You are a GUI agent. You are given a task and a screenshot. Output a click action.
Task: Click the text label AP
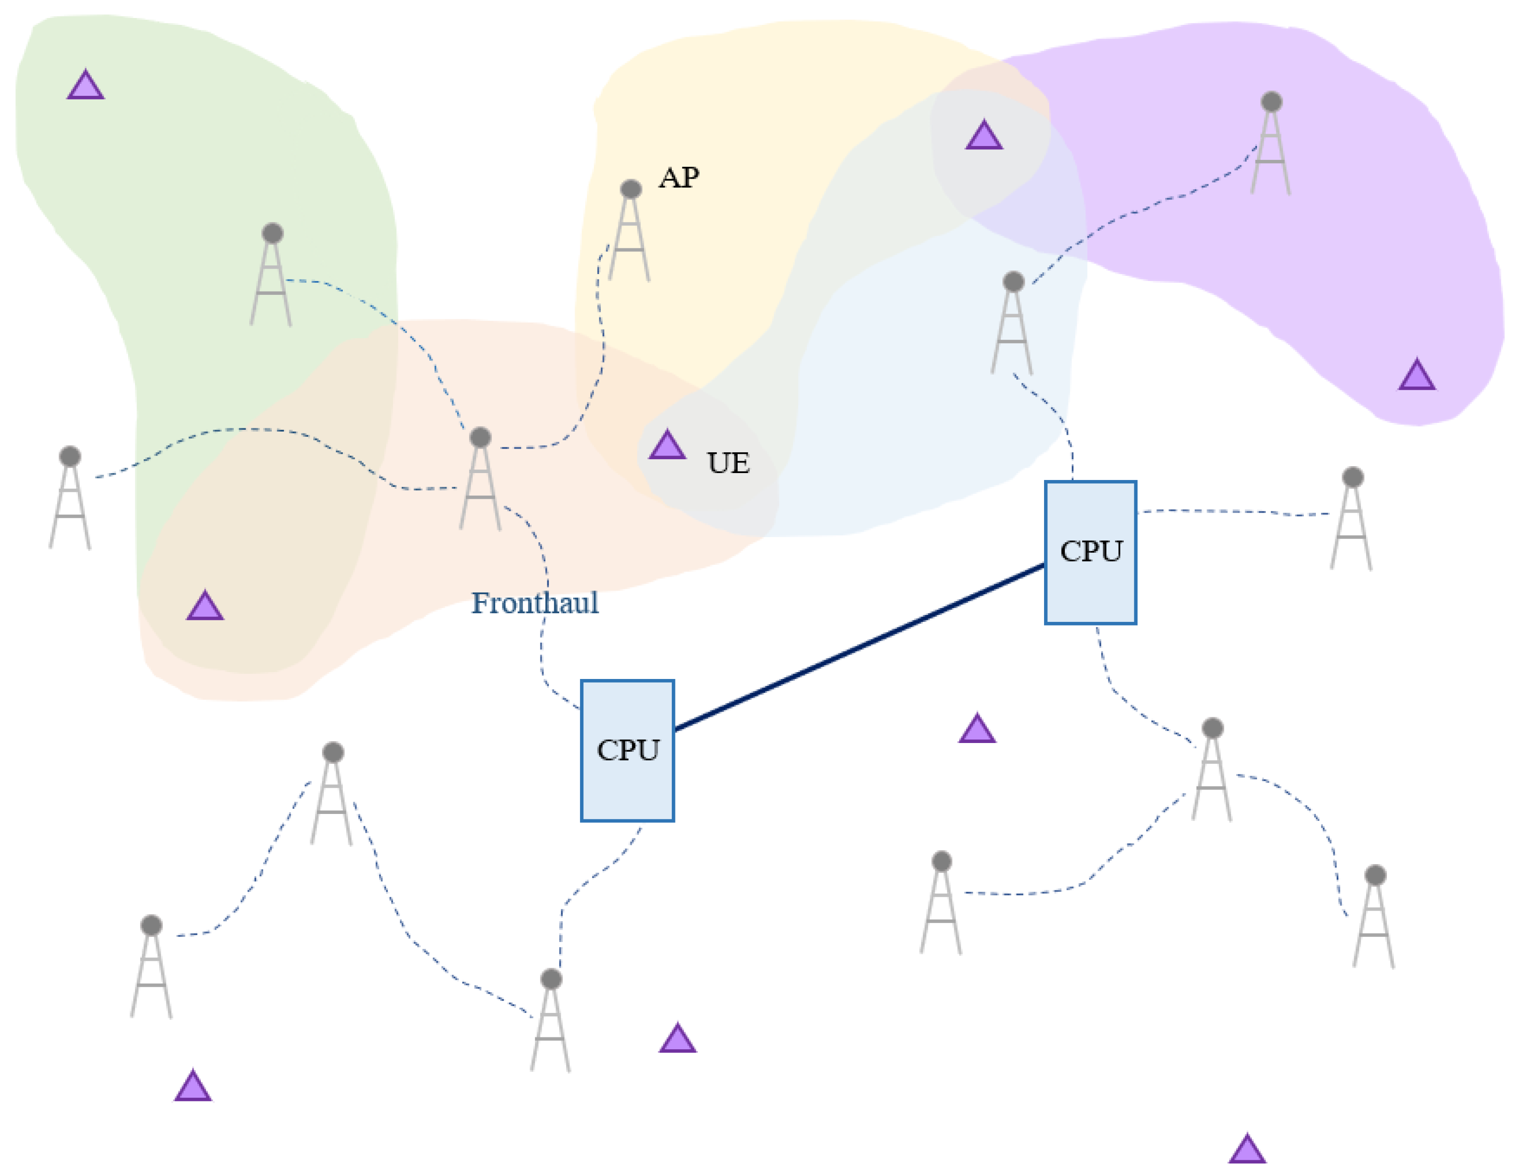[x=679, y=178]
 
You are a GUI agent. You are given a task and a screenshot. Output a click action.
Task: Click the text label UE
[x=728, y=463]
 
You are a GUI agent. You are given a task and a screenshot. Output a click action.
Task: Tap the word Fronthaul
[x=534, y=603]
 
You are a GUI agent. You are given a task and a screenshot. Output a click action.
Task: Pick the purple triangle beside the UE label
[x=667, y=445]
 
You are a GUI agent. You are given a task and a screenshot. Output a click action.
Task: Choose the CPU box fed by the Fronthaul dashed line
[x=627, y=750]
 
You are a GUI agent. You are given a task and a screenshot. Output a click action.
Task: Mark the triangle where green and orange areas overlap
[x=205, y=606]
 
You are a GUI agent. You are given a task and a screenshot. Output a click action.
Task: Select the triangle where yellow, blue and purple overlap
[x=984, y=136]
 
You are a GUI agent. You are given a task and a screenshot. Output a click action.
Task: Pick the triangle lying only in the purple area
[x=1417, y=375]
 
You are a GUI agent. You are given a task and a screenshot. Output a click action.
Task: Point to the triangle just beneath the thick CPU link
[x=977, y=729]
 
